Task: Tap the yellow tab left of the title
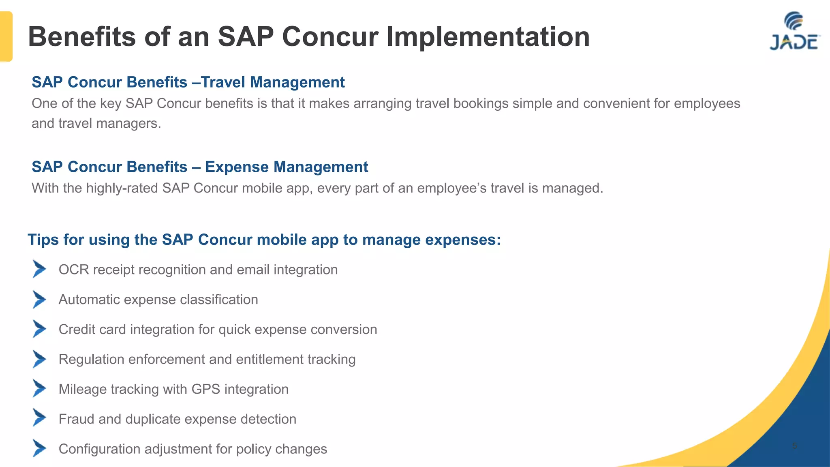point(6,36)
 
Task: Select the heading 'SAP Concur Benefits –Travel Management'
point(188,82)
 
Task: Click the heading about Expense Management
point(200,167)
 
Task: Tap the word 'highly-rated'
point(122,189)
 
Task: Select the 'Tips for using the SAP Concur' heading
point(264,240)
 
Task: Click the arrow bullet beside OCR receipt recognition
point(39,269)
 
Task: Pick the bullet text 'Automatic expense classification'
point(158,300)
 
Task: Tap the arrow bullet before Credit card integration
point(39,329)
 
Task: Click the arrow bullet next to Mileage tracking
point(39,388)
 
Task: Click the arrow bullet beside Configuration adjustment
point(39,448)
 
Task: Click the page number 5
point(794,446)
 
